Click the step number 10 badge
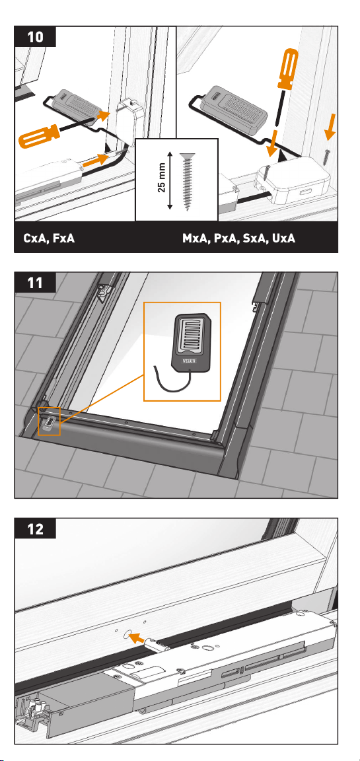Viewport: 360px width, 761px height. [35, 36]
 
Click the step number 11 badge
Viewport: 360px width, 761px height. [35, 282]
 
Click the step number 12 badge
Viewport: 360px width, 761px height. [35, 528]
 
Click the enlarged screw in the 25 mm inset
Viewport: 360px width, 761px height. [186, 181]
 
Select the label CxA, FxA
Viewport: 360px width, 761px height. [49, 238]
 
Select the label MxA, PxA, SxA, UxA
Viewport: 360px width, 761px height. [238, 238]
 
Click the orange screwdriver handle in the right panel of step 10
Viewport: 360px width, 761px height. [287, 68]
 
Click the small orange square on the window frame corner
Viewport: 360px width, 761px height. [49, 421]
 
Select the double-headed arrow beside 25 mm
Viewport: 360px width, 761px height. [170, 180]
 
